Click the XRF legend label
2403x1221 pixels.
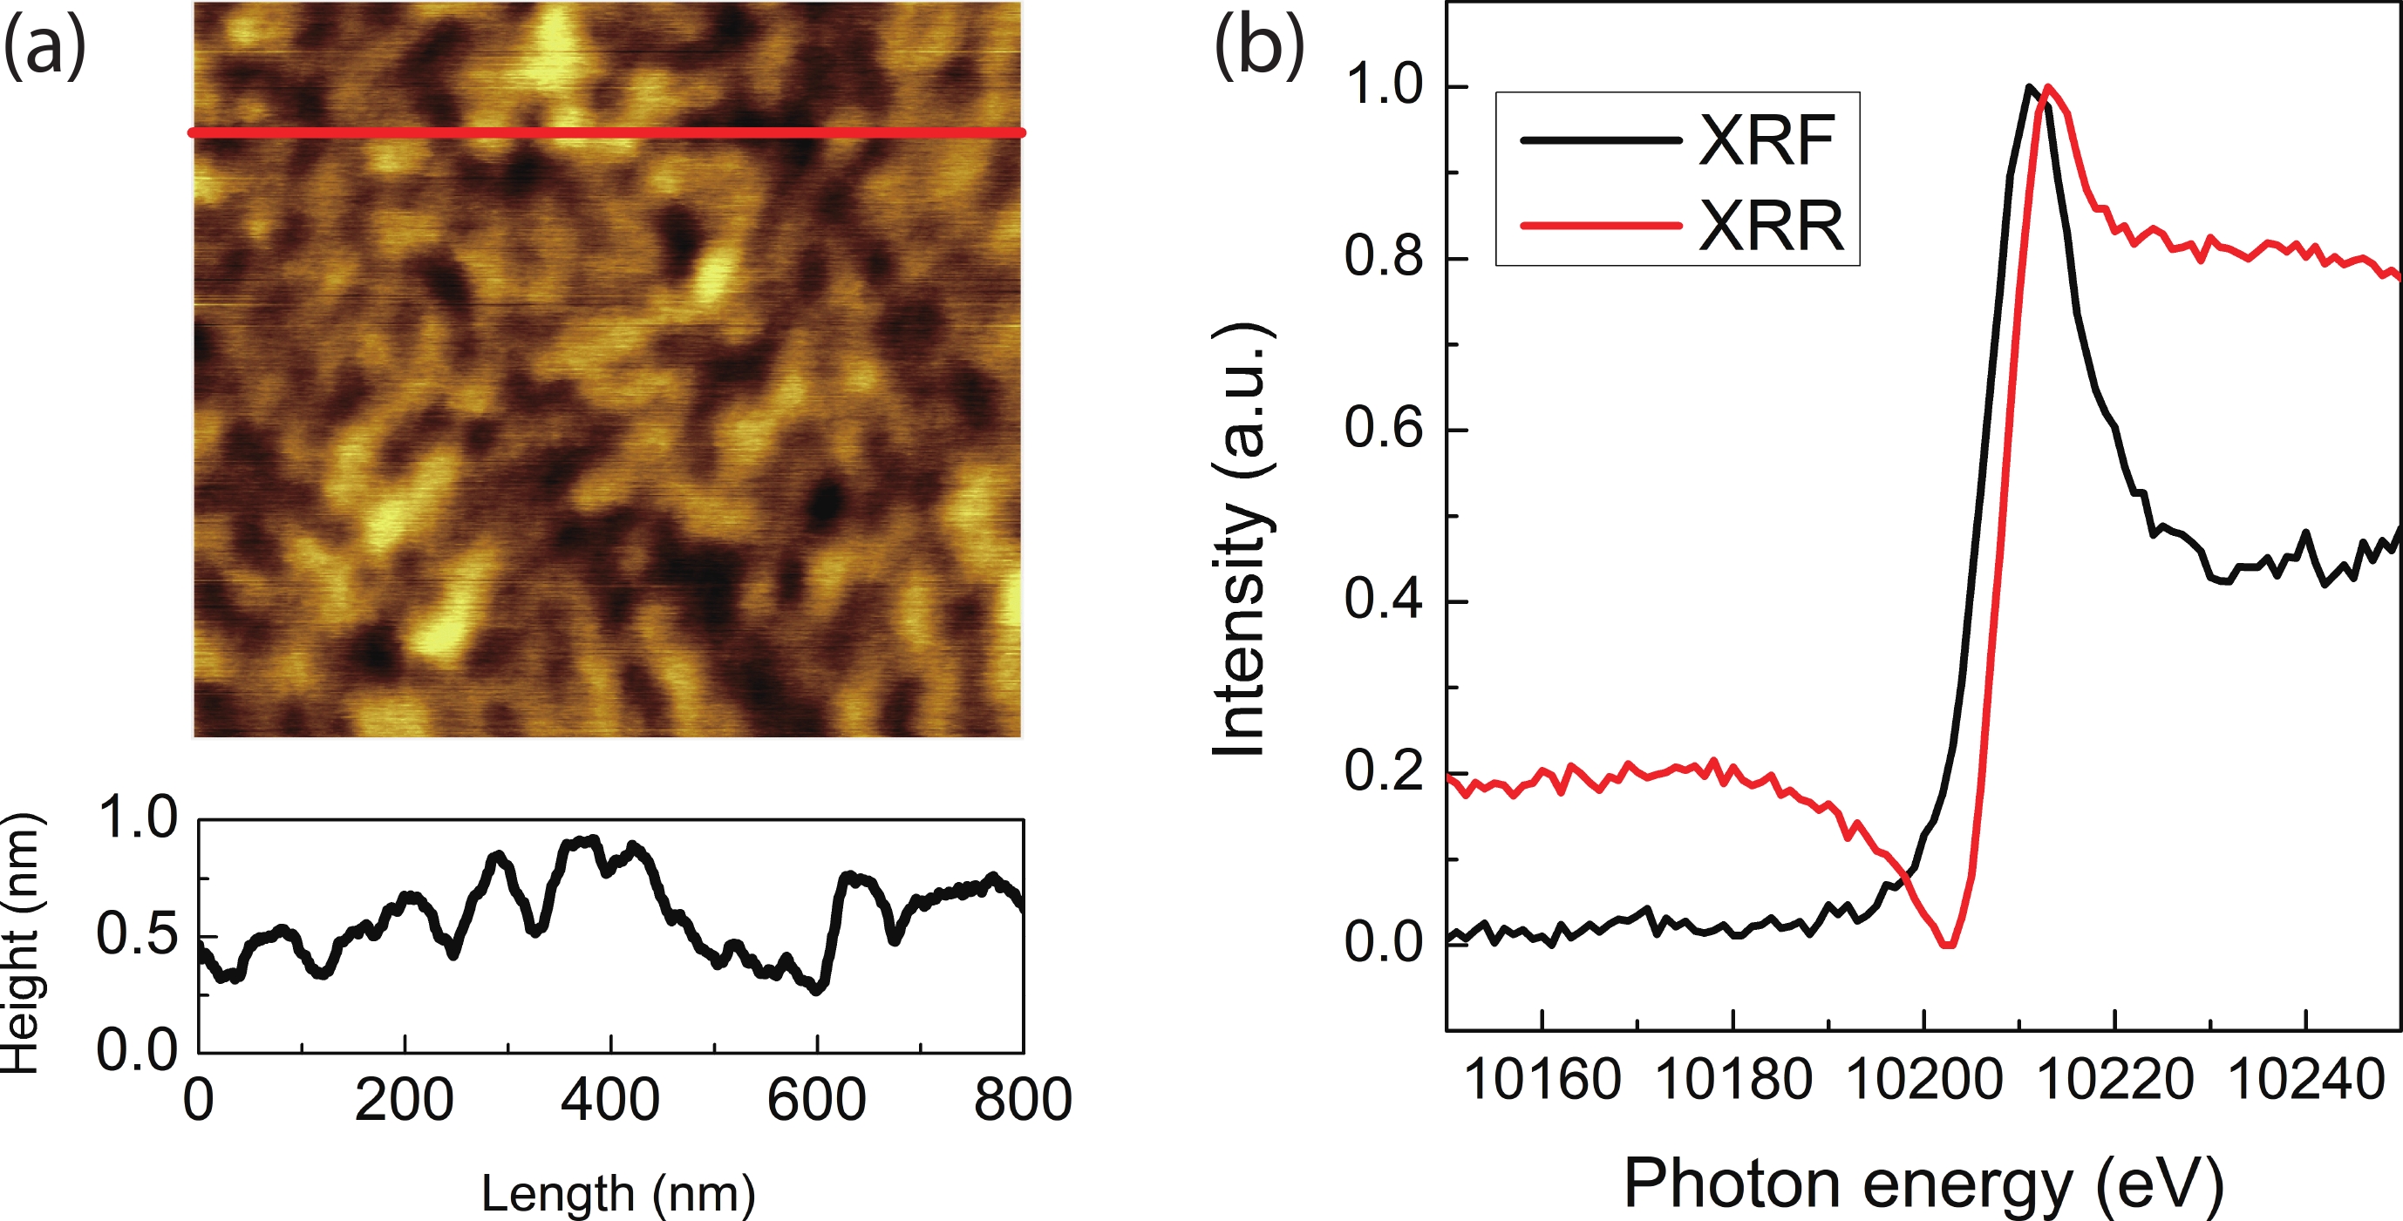click(1766, 142)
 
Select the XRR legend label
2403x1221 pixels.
click(1771, 227)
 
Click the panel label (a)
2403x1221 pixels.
click(44, 47)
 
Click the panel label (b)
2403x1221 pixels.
click(1258, 47)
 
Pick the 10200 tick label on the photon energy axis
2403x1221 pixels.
click(1923, 1081)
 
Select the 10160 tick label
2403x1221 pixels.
click(1542, 1081)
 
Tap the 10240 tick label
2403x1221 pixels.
click(2305, 1081)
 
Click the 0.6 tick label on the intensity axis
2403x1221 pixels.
click(1384, 430)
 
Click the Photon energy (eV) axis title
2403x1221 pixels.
click(1923, 1184)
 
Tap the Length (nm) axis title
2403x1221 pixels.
click(617, 1193)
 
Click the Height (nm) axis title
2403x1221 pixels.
click(21, 942)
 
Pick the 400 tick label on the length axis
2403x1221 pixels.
click(610, 1100)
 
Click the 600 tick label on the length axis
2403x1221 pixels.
click(816, 1100)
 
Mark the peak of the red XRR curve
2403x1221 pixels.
click(2046, 88)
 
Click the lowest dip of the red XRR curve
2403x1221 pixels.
click(1947, 945)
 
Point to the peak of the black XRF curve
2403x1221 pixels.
click(2028, 88)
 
